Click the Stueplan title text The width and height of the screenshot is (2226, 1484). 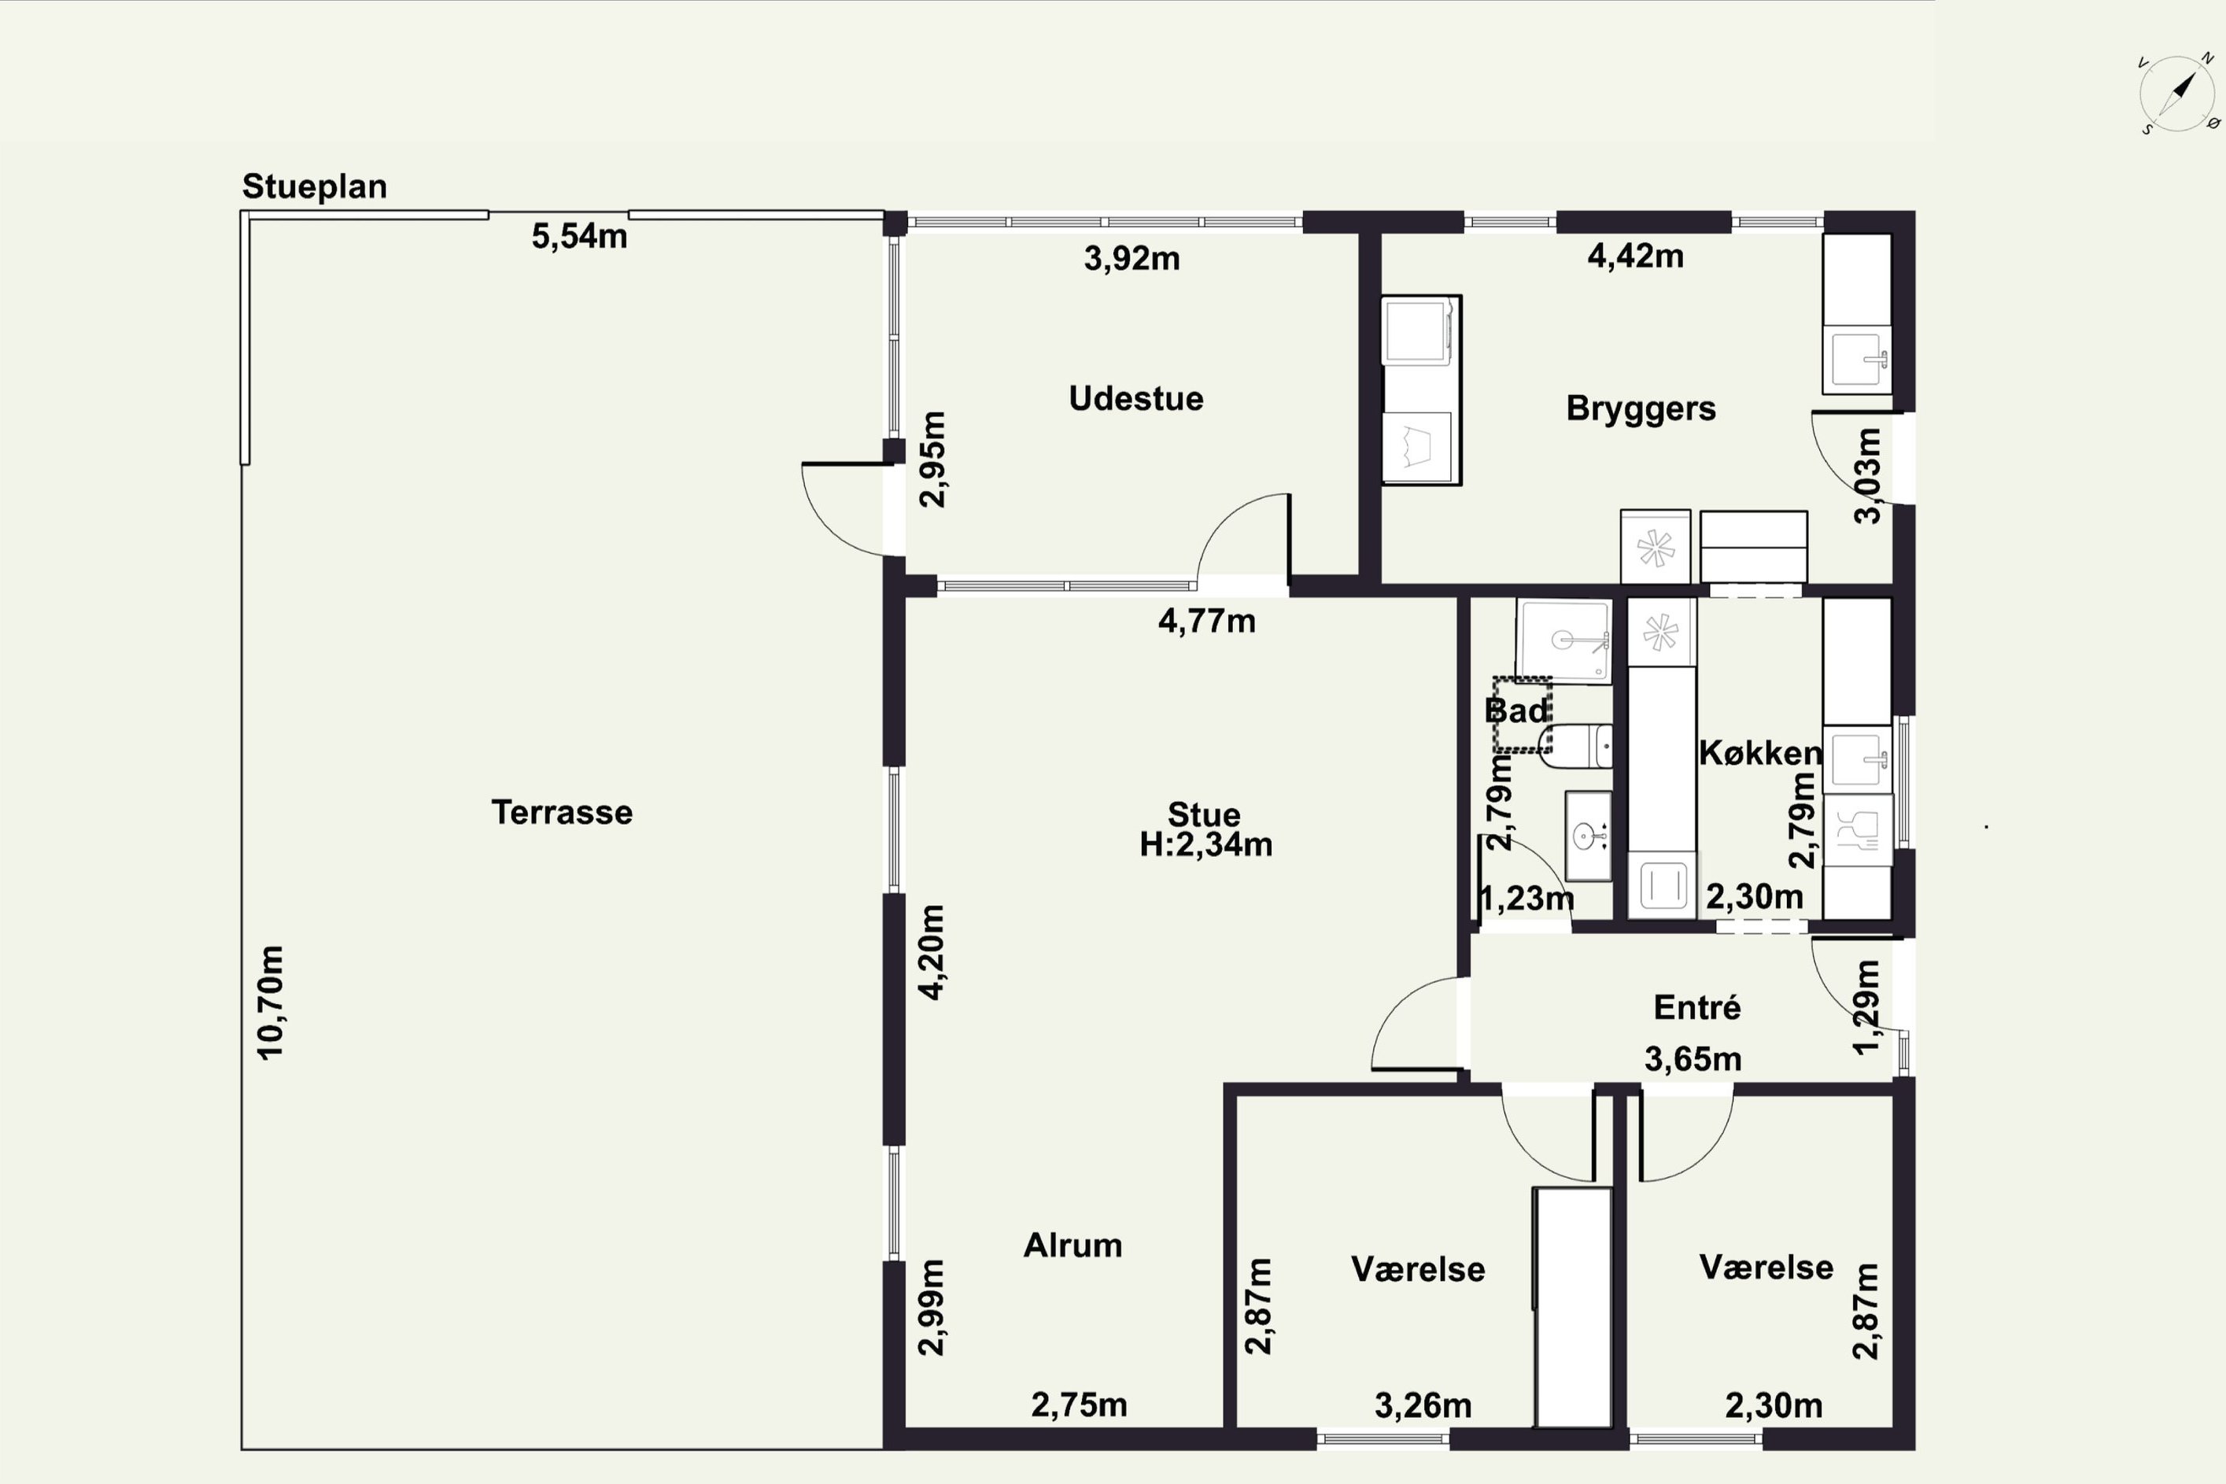[x=314, y=186]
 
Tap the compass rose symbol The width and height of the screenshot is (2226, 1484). [x=2176, y=94]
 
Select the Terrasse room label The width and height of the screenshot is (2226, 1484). [x=561, y=812]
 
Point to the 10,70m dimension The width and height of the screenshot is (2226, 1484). [x=270, y=1002]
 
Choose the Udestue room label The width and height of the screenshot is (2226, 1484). [x=1135, y=398]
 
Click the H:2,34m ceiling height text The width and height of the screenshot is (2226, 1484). [x=1205, y=844]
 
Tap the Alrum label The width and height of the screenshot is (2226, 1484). [x=1072, y=1246]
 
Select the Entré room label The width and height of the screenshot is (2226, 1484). [x=1697, y=1007]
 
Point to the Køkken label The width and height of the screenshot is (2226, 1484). [x=1760, y=753]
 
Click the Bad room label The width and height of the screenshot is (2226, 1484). [x=1516, y=711]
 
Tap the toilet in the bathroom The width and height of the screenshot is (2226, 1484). [x=1576, y=746]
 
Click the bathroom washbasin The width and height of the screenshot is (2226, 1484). [x=1587, y=836]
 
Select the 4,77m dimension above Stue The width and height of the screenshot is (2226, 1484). [x=1207, y=621]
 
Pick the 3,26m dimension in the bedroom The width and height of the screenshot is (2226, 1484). [x=1423, y=1406]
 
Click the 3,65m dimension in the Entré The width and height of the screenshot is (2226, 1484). [x=1693, y=1059]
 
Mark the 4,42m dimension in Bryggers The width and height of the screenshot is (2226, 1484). [x=1634, y=257]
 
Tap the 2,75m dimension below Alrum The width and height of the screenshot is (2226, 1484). [x=1079, y=1405]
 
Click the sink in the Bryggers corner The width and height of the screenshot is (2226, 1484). [x=1857, y=360]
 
